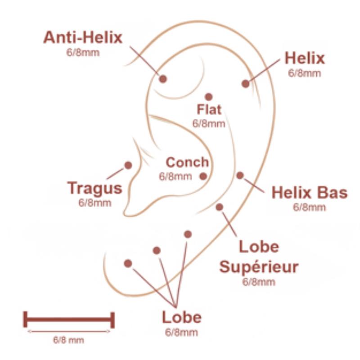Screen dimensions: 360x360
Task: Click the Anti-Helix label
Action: (x=83, y=37)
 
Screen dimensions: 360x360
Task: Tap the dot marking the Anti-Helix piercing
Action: (x=163, y=79)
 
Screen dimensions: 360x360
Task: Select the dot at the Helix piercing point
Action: (x=245, y=84)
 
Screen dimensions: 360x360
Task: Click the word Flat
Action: (x=209, y=109)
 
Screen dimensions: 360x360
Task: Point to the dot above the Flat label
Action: (x=208, y=97)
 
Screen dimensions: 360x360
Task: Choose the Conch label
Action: (x=187, y=162)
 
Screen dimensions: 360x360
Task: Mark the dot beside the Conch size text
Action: (x=203, y=176)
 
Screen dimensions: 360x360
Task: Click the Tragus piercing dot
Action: (x=128, y=165)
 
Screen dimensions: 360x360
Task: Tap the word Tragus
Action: (x=94, y=188)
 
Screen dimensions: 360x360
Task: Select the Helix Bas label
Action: (x=310, y=193)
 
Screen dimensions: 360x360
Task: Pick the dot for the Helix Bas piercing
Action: (x=240, y=175)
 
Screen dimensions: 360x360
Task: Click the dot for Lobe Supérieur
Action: (x=219, y=207)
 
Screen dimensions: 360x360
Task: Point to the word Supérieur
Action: (x=259, y=267)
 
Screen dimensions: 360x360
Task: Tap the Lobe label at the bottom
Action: (x=182, y=317)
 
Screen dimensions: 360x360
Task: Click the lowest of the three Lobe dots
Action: (x=128, y=263)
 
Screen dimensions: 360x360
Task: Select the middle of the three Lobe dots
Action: (x=157, y=251)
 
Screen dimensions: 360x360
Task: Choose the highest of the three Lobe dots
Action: (x=188, y=234)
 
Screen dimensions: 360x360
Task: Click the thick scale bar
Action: (x=69, y=319)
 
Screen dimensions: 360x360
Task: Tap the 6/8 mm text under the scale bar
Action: (x=68, y=340)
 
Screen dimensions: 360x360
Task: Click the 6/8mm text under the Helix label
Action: (x=305, y=73)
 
